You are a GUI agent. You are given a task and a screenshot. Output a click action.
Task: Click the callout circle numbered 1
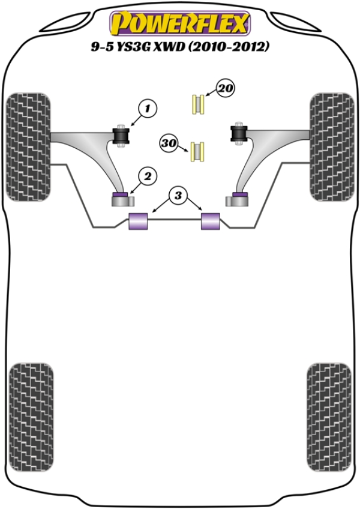tap(148, 109)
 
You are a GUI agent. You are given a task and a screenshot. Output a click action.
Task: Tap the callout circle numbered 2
tap(148, 175)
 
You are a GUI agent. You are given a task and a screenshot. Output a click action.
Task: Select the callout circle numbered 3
tap(178, 194)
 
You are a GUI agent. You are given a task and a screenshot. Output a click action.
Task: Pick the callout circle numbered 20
tap(225, 89)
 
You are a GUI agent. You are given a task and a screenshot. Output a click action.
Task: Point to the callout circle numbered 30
tap(168, 143)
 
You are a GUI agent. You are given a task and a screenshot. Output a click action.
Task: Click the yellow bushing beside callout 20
tap(198, 104)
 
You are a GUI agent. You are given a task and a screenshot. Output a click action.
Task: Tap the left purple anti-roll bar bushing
tap(139, 221)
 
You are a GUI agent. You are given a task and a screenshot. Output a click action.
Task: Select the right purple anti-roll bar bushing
tap(211, 221)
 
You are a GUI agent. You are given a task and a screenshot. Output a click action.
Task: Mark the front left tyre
tap(28, 148)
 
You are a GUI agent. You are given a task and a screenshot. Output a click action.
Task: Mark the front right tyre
tap(332, 148)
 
